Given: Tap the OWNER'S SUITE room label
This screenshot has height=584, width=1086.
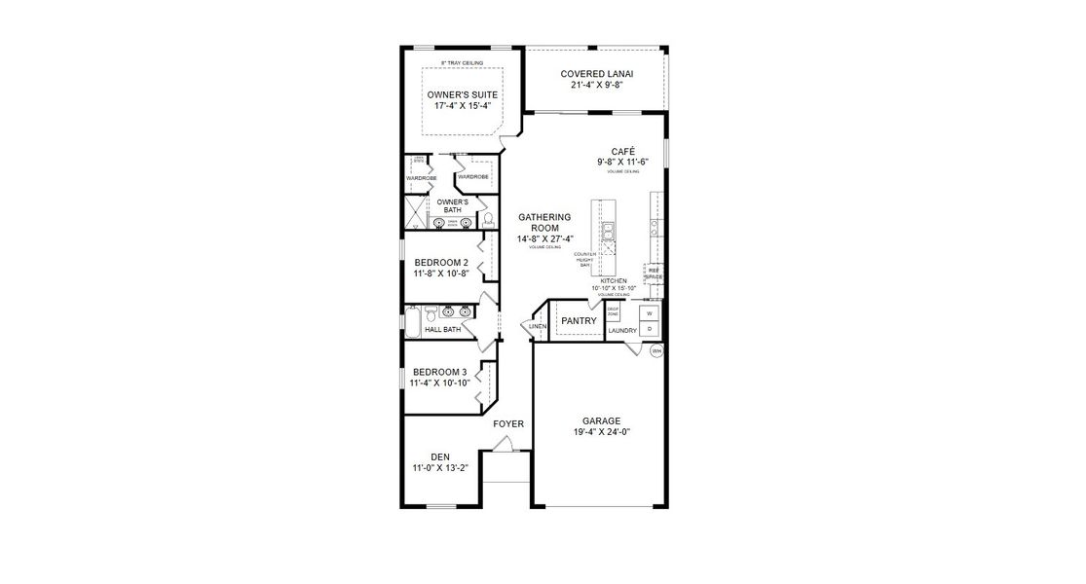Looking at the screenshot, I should (x=463, y=94).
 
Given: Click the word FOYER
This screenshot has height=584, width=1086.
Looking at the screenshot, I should (x=508, y=423).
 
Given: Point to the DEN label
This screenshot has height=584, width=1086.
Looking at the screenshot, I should (x=440, y=456).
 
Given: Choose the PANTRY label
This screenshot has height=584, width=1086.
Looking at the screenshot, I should (x=579, y=320).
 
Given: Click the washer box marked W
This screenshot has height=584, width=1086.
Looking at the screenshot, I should (x=649, y=314).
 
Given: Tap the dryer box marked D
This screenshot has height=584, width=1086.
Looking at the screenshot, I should (x=649, y=329).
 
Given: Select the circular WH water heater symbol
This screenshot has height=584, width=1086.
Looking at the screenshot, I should (x=656, y=350).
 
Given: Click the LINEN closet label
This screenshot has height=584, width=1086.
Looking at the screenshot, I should (x=537, y=326).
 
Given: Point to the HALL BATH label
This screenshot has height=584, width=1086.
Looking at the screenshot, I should (x=442, y=330).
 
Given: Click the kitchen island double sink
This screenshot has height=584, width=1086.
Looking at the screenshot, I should (x=608, y=231).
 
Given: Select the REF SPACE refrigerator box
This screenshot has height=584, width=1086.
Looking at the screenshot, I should (x=654, y=274).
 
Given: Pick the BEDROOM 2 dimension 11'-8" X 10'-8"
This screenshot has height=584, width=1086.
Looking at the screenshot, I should (x=441, y=274).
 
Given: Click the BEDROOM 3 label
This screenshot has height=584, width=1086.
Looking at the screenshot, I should (x=440, y=372).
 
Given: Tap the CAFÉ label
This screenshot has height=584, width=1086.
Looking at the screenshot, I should (x=622, y=150).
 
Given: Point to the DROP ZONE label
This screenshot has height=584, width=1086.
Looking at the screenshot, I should (x=613, y=313).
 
